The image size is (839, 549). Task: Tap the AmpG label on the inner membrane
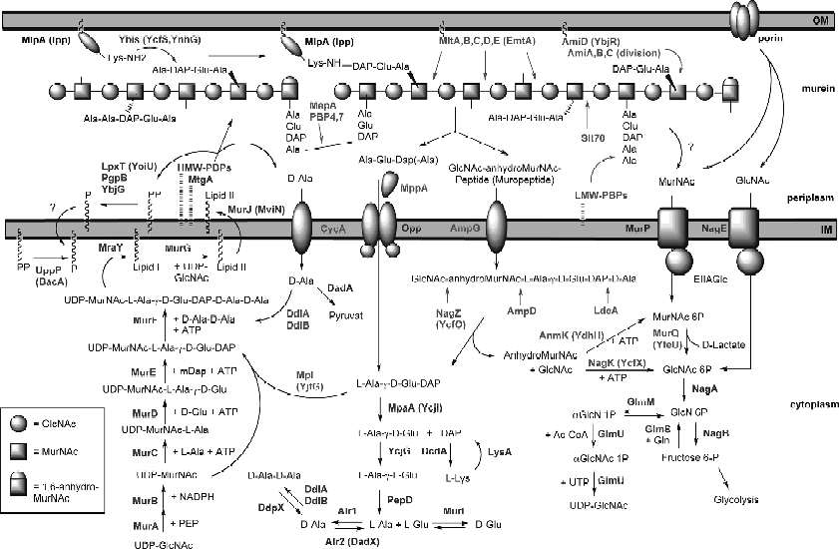point(466,230)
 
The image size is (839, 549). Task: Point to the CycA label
point(345,230)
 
